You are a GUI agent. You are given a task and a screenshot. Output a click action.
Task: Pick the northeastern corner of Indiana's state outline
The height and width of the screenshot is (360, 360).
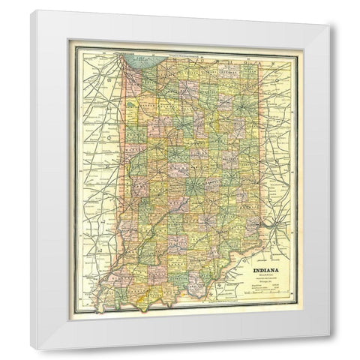coord(259,67)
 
